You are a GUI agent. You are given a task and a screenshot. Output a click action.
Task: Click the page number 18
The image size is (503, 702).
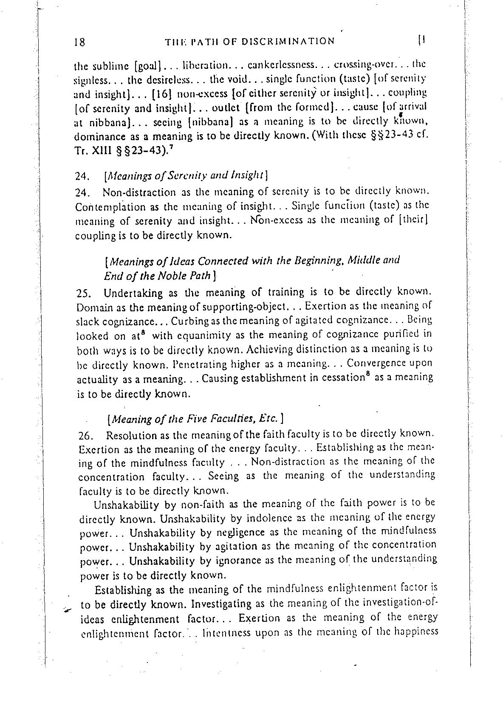[80, 42]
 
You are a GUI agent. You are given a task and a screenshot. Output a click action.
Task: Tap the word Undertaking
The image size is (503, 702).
[133, 293]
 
